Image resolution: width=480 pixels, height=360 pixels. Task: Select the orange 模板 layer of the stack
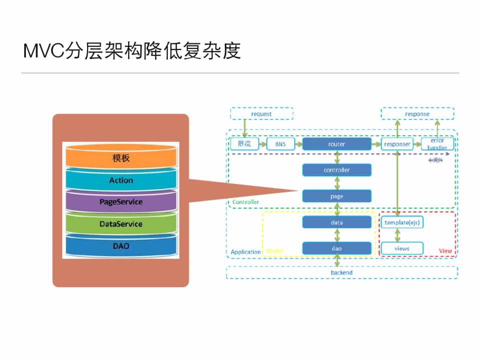(121, 158)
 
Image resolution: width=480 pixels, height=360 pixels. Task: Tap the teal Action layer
(121, 180)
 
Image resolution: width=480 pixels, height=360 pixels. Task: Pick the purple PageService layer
(121, 202)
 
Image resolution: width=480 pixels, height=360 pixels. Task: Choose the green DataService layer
(121, 224)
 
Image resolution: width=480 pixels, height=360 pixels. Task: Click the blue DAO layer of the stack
(121, 246)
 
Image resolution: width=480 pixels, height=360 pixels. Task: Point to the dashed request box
(261, 114)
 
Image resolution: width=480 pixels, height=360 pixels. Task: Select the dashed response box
(417, 114)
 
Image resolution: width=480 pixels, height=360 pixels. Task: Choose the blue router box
(337, 144)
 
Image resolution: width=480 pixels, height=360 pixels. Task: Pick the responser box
(396, 144)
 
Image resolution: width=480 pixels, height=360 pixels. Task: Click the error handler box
(437, 144)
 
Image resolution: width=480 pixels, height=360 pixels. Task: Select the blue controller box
(337, 170)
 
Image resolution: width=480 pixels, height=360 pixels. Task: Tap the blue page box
(337, 196)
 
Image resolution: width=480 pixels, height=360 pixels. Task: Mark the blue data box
(337, 222)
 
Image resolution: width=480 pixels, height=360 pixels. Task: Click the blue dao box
(337, 248)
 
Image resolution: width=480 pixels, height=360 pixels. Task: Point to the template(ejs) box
(401, 222)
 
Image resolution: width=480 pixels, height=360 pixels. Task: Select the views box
(401, 248)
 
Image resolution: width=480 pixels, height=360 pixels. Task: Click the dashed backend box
(341, 272)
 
